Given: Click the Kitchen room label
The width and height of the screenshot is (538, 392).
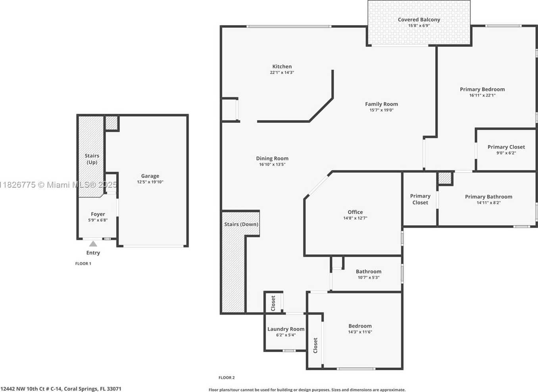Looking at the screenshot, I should (x=282, y=67).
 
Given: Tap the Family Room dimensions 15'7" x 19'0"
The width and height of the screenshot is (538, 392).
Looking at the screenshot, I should (x=381, y=110).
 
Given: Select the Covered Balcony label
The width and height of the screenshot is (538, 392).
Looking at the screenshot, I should (x=419, y=19).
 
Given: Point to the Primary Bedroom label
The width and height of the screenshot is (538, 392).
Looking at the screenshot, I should (x=482, y=89).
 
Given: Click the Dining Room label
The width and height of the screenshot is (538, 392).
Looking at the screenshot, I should (x=272, y=158).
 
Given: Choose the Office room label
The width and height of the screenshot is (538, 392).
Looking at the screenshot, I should (x=355, y=212).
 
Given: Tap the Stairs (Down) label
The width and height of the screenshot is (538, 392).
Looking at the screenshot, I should (x=241, y=224).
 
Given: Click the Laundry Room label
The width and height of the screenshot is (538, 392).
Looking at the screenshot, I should (x=286, y=329).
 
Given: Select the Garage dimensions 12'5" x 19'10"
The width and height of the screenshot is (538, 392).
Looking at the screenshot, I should (x=150, y=182).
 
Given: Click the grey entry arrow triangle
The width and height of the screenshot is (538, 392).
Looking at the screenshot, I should (x=93, y=244).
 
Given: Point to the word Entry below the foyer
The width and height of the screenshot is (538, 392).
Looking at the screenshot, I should (x=93, y=253).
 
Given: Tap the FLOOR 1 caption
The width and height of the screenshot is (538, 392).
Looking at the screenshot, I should (x=83, y=263).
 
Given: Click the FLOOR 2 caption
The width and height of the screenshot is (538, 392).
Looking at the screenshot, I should (x=227, y=378).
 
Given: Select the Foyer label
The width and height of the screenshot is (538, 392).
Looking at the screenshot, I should (x=98, y=214).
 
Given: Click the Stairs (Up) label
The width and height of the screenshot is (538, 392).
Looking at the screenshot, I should (x=92, y=159).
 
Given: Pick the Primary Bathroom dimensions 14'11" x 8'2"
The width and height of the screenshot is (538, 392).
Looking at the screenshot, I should (x=488, y=203).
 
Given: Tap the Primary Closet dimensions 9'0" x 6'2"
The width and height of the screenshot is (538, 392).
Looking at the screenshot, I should (x=506, y=153).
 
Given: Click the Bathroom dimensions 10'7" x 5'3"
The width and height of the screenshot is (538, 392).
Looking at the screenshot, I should (x=369, y=278).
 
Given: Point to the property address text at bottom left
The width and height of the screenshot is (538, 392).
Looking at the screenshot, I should (x=61, y=389).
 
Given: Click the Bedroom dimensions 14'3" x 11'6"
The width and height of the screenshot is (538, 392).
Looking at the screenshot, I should (x=360, y=332).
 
